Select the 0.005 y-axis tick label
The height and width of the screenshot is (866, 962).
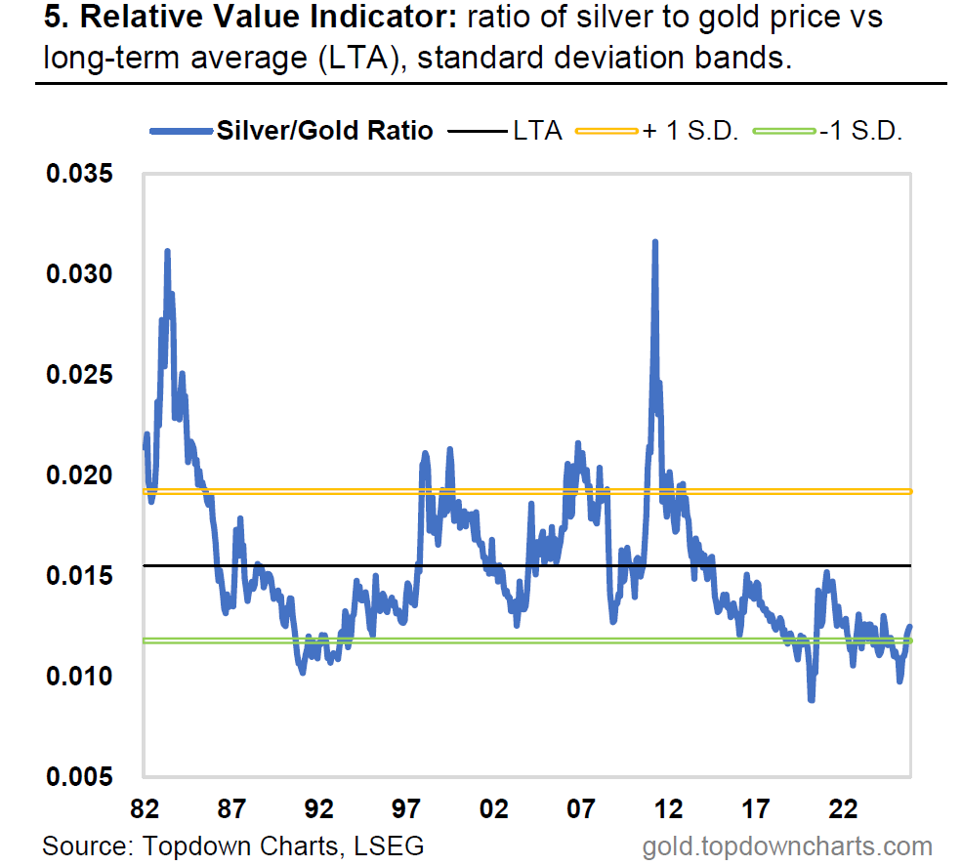pos(79,776)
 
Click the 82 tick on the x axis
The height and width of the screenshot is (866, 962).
pos(144,809)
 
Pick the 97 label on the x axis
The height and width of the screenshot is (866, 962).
pos(406,809)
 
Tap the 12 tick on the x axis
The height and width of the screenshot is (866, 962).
pos(668,809)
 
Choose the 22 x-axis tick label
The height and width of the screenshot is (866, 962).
pos(843,809)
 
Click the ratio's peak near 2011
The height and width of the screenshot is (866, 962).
pos(654,242)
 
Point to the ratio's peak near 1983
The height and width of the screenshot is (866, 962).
pos(168,252)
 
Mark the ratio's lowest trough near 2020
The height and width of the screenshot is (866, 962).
pos(811,698)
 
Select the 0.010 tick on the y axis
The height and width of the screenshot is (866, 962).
pos(79,676)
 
